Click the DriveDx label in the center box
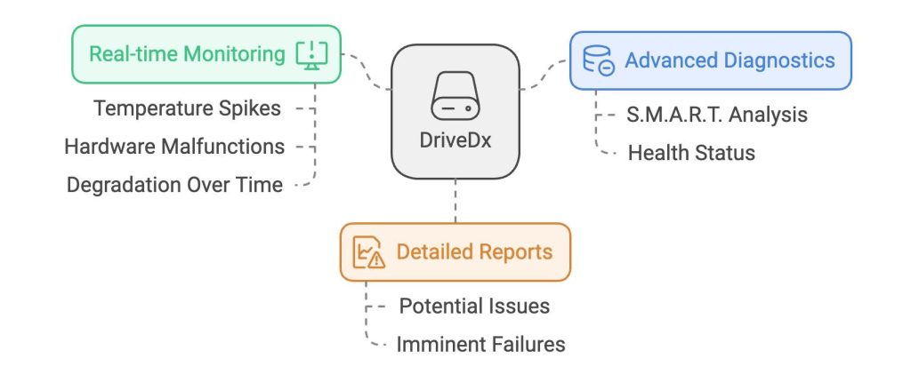pyautogui.click(x=455, y=142)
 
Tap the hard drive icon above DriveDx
pyautogui.click(x=455, y=97)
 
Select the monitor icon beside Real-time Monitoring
pyautogui.click(x=311, y=54)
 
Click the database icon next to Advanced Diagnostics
pyautogui.click(x=598, y=61)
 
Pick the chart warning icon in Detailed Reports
pyautogui.click(x=367, y=252)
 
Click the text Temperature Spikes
pyautogui.click(x=187, y=108)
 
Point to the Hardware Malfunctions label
pyautogui.click(x=174, y=147)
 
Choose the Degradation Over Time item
pyautogui.click(x=174, y=185)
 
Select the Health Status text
pyautogui.click(x=691, y=153)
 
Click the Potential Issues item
pyautogui.click(x=474, y=306)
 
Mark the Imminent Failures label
pyautogui.click(x=480, y=344)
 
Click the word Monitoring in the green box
pyautogui.click(x=234, y=54)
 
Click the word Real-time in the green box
pyautogui.click(x=133, y=54)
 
